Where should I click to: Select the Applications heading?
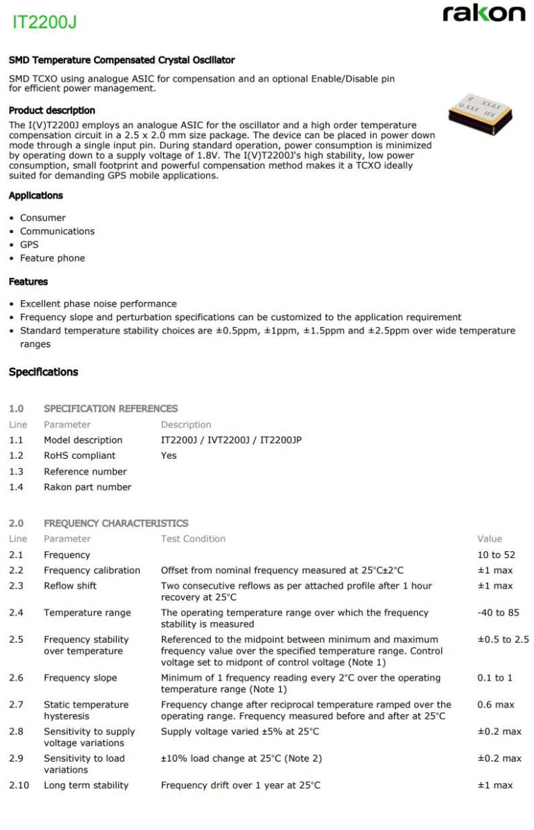[x=35, y=196]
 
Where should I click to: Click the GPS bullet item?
[x=29, y=245]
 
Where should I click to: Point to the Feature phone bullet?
[x=53, y=258]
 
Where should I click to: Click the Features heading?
[x=28, y=282]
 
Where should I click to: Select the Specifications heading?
[x=44, y=372]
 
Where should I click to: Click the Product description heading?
[x=52, y=111]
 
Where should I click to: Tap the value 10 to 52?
[x=496, y=555]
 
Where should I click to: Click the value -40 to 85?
[x=498, y=613]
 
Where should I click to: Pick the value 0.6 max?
[x=495, y=705]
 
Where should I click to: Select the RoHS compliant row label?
[x=80, y=456]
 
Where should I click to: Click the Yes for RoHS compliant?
[x=169, y=456]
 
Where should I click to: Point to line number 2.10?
[x=19, y=785]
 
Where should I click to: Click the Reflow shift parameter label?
[x=70, y=586]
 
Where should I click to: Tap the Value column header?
[x=490, y=539]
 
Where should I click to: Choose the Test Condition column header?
[x=193, y=539]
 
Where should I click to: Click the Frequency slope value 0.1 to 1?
[x=495, y=678]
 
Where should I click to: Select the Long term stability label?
[x=86, y=785]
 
